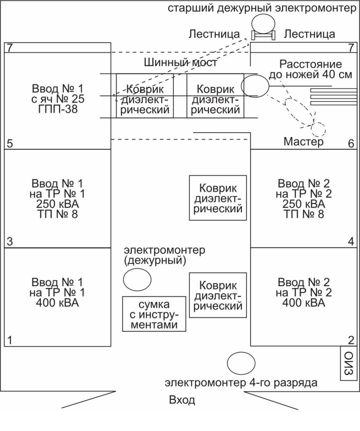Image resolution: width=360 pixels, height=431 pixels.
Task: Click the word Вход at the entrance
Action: pos(182,399)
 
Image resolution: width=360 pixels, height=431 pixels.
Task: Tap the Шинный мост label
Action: pos(180,63)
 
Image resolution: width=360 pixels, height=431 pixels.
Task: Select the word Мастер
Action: pos(303,142)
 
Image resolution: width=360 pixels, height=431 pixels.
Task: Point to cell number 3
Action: pos(11,242)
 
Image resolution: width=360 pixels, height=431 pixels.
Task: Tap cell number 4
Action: pos(351,242)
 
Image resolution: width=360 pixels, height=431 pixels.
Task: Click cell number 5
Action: pos(11,144)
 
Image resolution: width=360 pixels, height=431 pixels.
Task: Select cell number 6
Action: pos(351,144)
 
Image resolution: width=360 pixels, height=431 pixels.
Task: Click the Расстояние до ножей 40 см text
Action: pos(310,70)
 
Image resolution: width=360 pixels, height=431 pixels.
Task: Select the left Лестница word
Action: pos(214,34)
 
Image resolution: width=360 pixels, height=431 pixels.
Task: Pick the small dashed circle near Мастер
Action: pos(318,129)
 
